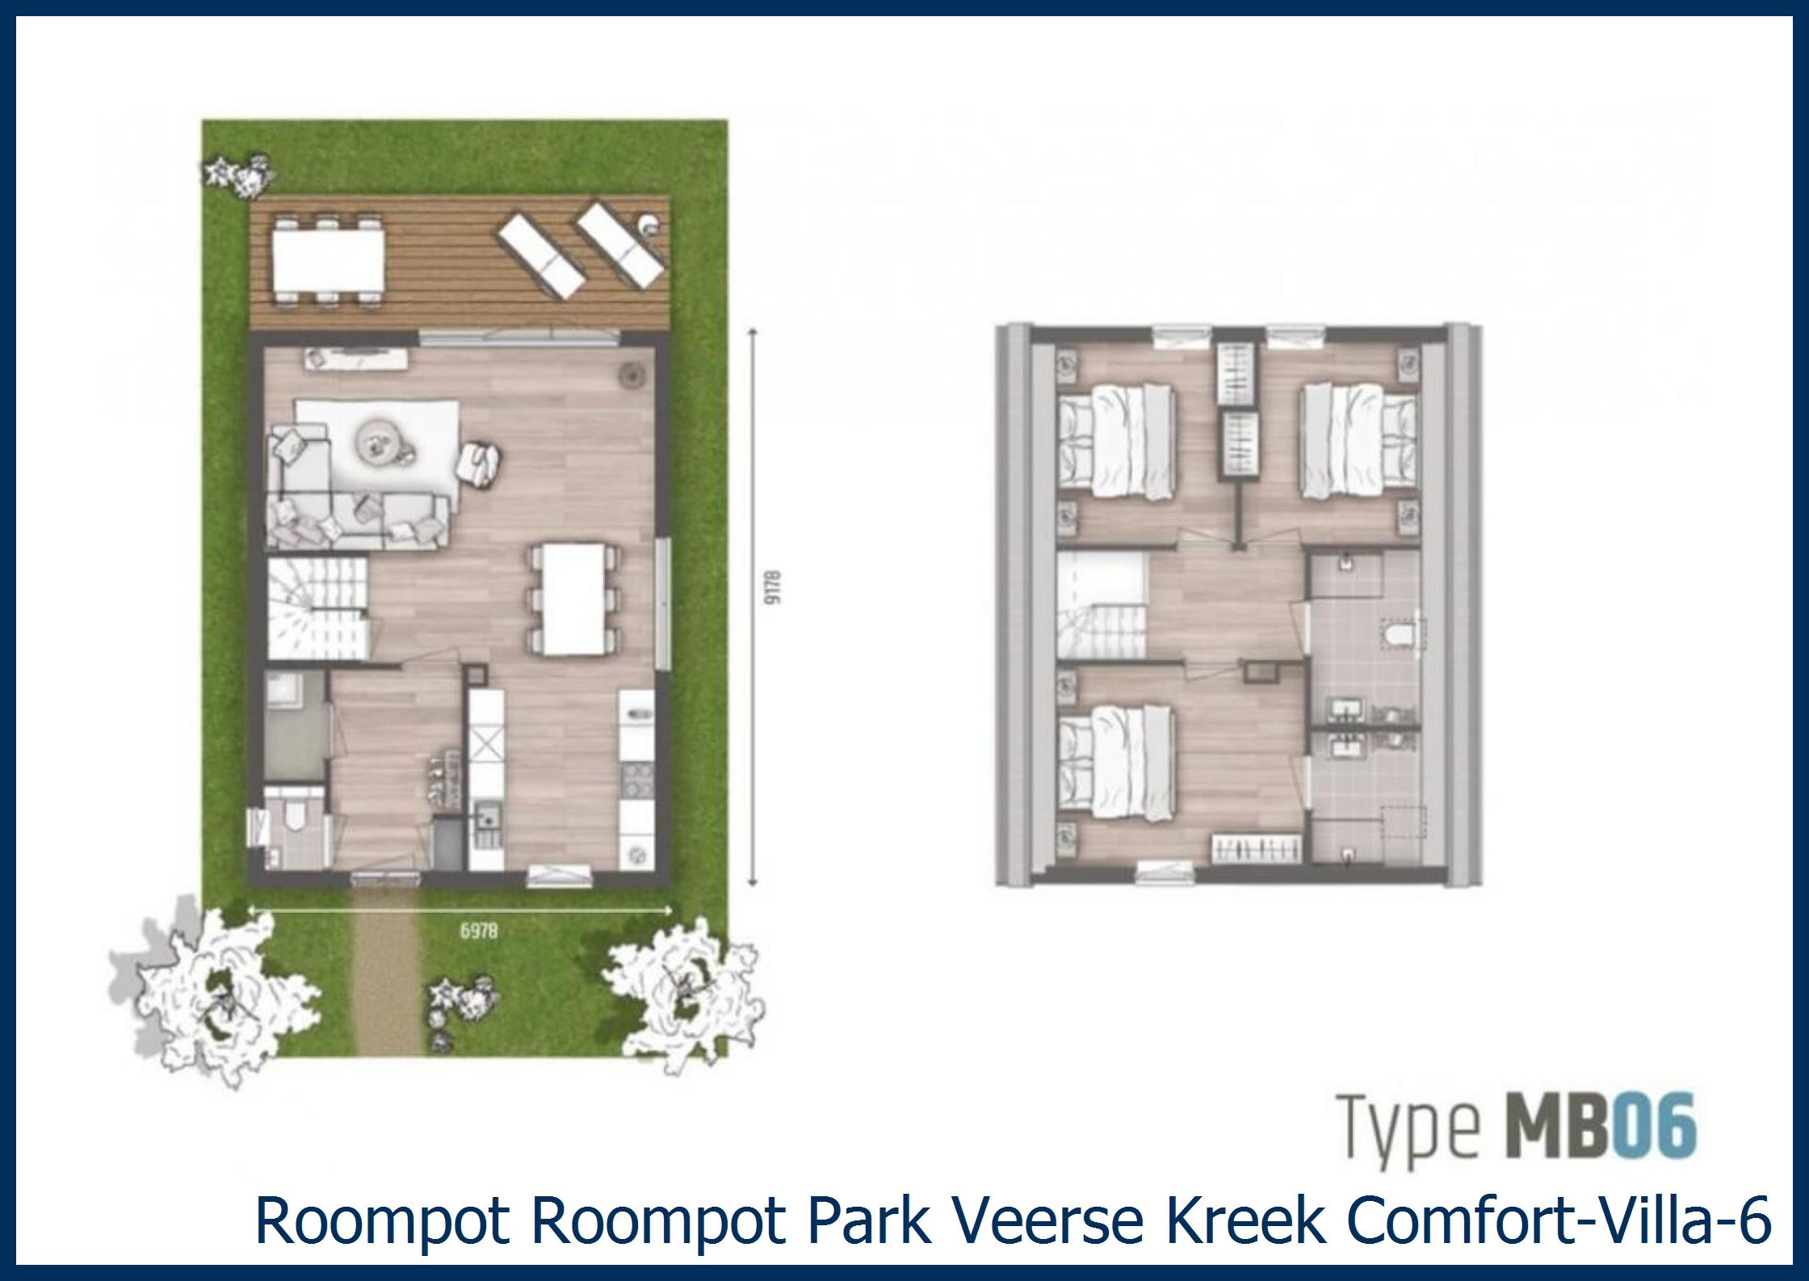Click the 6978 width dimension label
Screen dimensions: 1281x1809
coord(479,931)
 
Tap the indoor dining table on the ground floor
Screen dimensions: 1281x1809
coord(575,598)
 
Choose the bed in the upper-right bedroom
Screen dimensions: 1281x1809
coord(1357,440)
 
